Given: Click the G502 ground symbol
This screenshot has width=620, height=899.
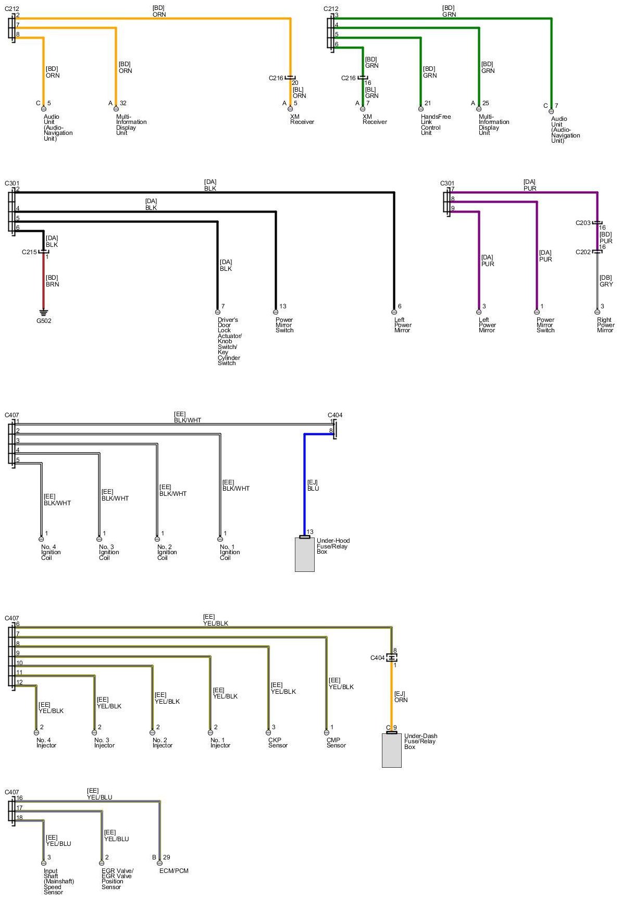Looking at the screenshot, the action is (x=43, y=313).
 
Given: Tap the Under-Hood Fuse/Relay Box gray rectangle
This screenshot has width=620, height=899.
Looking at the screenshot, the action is (x=305, y=555).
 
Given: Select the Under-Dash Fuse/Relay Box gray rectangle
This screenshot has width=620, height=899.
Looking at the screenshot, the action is (x=392, y=751).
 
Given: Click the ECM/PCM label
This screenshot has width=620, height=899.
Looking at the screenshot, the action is (x=173, y=871).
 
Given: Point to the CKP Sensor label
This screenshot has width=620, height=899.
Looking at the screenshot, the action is (x=278, y=743).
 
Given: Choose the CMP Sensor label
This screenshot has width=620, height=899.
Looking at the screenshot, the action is (x=336, y=743).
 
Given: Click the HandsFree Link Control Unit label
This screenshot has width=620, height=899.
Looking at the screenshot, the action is (x=436, y=124).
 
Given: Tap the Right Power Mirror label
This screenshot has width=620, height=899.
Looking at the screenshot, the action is (x=605, y=325).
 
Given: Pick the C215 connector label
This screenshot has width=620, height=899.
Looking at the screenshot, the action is (x=29, y=252).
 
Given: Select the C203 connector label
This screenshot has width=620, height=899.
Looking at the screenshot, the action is (x=583, y=223).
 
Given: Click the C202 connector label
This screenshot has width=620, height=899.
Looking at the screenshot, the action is (x=583, y=252).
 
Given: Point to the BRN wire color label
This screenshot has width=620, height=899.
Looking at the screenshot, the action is (x=53, y=284).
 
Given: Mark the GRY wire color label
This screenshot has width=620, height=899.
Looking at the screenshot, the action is (x=606, y=284).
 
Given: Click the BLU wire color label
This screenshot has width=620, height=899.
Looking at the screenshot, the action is (x=313, y=489).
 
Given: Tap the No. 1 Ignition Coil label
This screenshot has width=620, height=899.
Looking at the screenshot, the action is (x=230, y=552).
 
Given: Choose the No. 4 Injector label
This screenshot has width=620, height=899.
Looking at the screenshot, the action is (x=46, y=743).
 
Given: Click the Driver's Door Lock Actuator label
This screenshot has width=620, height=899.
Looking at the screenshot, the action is (x=229, y=341).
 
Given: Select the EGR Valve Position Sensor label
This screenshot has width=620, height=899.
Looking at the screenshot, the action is (x=117, y=879).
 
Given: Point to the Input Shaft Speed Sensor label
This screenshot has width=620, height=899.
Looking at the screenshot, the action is (x=58, y=881).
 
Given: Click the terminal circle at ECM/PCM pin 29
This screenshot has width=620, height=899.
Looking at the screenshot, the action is (x=159, y=863).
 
